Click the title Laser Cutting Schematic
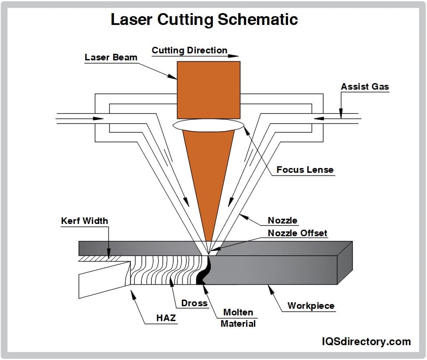coord(204,20)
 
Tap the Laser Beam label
coord(111,57)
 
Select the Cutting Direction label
coord(189,50)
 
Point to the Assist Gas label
coord(365,87)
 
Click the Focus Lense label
coord(305,170)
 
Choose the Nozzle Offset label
coord(297,233)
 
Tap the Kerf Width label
coord(84,221)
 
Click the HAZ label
coord(166,318)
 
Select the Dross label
coord(194,303)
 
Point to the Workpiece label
coord(311,306)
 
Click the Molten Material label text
coord(238,318)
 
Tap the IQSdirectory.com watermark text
coord(366,342)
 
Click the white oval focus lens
coord(208,125)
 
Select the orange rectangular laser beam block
coord(208,90)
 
